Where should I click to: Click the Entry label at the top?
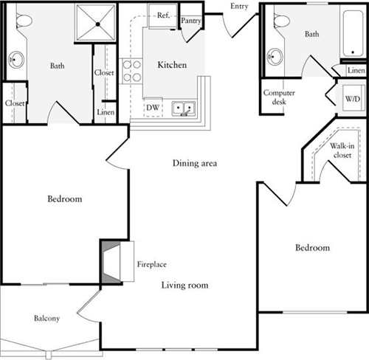click(239, 6)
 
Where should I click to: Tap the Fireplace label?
click(151, 264)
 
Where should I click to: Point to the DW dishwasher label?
click(153, 107)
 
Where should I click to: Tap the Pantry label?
click(191, 21)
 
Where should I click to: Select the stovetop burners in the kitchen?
click(131, 70)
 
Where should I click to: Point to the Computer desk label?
click(277, 97)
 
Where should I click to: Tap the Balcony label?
click(46, 319)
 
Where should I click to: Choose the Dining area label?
click(194, 163)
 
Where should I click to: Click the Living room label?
click(184, 285)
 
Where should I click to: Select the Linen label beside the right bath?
click(356, 70)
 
